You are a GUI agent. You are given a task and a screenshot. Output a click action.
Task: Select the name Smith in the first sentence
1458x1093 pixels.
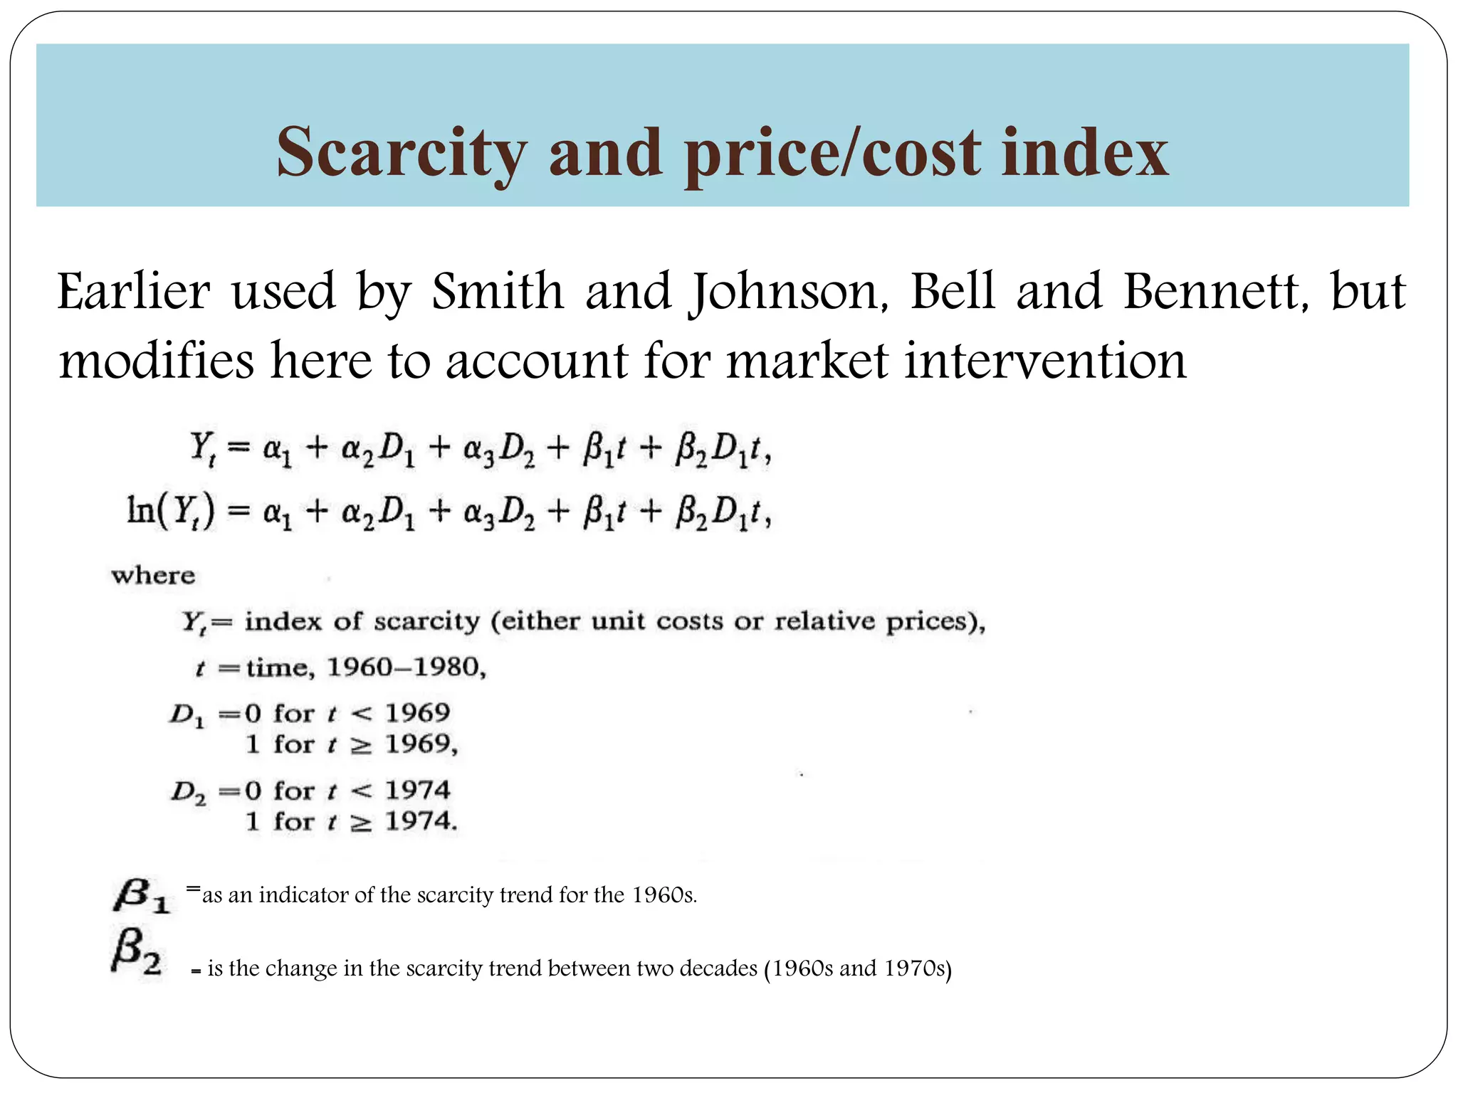click(x=498, y=292)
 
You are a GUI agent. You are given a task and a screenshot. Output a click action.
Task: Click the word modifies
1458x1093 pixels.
click(x=156, y=361)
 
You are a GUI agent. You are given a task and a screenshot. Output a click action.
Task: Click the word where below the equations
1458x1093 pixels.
click(x=153, y=575)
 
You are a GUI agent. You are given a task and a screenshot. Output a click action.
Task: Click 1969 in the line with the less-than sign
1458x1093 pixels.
click(x=418, y=712)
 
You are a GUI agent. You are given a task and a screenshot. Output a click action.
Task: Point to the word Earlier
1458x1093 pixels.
click(x=134, y=292)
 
